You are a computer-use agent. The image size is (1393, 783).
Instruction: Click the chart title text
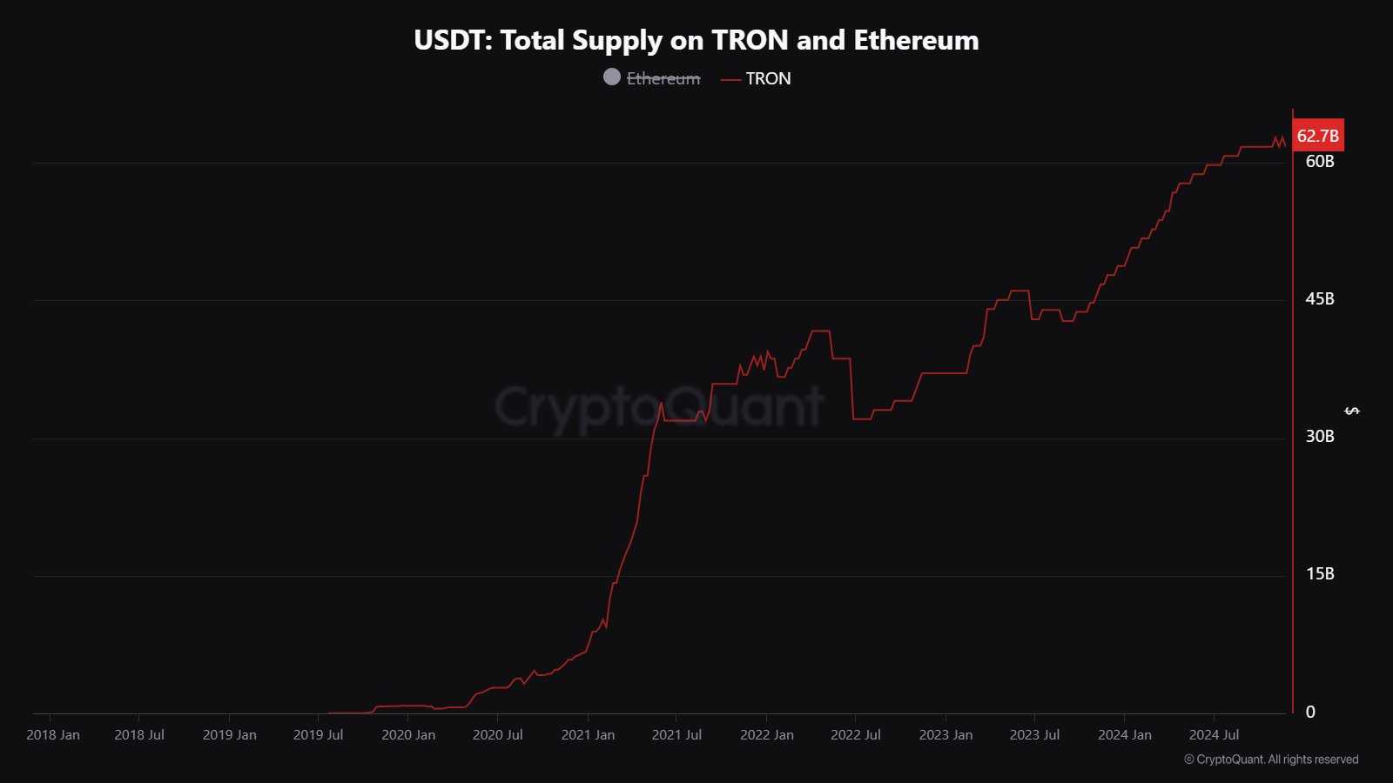click(x=696, y=40)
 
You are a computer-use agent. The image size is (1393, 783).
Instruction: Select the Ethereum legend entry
click(x=663, y=78)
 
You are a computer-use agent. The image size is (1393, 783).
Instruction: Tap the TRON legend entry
click(x=767, y=78)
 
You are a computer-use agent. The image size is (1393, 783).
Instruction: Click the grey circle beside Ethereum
click(x=612, y=77)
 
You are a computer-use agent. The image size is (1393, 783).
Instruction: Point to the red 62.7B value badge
click(x=1317, y=136)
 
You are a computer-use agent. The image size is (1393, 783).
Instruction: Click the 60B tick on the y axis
click(x=1320, y=162)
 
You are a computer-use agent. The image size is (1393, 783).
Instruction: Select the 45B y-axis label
click(x=1320, y=299)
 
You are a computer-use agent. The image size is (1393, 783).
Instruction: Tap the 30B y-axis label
click(x=1320, y=437)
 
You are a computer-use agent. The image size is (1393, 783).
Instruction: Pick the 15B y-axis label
click(x=1320, y=574)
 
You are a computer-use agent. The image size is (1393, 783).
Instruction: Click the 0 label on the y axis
click(x=1310, y=713)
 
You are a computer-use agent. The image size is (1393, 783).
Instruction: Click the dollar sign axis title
click(x=1352, y=411)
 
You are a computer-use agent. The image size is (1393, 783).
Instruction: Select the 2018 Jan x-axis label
click(x=53, y=735)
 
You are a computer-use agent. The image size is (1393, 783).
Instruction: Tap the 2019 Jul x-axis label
click(x=319, y=735)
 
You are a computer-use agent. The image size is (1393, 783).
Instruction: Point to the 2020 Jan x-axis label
click(x=408, y=735)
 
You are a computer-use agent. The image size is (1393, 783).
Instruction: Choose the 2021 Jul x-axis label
click(x=676, y=735)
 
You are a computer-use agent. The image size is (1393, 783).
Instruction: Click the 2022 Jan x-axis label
click(x=767, y=735)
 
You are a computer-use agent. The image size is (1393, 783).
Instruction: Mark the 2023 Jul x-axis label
click(x=1034, y=735)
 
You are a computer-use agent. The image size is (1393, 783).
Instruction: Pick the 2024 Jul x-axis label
click(x=1214, y=735)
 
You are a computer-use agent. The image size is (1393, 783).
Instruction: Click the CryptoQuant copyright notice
click(x=1271, y=760)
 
